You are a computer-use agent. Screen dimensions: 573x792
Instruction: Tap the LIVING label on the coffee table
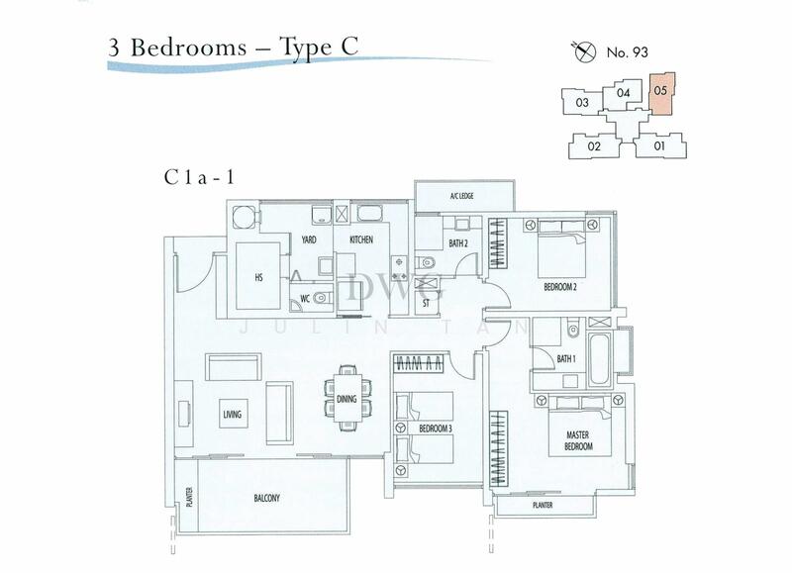coord(233,414)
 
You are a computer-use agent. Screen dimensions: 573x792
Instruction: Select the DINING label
coord(346,400)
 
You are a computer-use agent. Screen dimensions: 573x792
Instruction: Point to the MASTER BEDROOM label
coord(578,441)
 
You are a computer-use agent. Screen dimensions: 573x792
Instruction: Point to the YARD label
coord(309,239)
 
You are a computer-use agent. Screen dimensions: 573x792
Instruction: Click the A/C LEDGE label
coord(462,196)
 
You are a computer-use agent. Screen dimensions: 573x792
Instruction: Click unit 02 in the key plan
coord(595,146)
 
